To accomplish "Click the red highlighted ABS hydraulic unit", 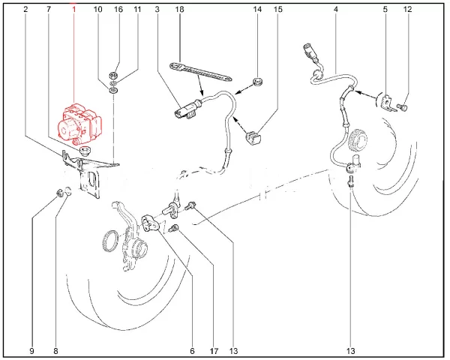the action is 79,124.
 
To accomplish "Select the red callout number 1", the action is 73,10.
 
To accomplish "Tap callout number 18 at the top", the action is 179,10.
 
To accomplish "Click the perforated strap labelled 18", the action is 201,72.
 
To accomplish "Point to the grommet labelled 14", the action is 256,81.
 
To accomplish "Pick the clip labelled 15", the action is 254,138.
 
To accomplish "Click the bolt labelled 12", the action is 403,107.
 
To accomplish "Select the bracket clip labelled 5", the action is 388,103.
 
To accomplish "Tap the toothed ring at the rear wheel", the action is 359,139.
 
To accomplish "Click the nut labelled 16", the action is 112,76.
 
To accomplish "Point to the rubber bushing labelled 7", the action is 85,151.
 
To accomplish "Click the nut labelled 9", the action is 60,193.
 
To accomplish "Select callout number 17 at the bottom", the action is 214,351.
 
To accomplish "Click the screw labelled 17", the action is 175,229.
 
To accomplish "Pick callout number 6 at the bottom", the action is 192,351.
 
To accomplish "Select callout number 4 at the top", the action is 336,10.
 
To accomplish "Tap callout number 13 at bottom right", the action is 351,351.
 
